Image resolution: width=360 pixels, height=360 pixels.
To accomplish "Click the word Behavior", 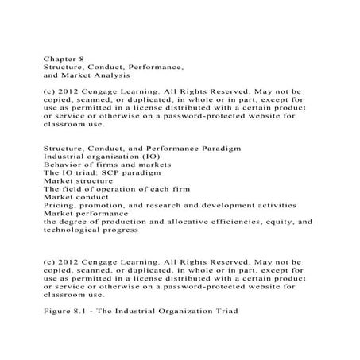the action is point(63,169).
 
